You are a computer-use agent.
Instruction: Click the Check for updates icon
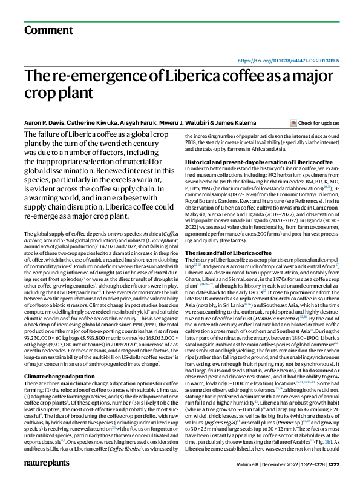coord(293,123)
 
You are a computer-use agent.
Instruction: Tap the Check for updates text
coord(318,123)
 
